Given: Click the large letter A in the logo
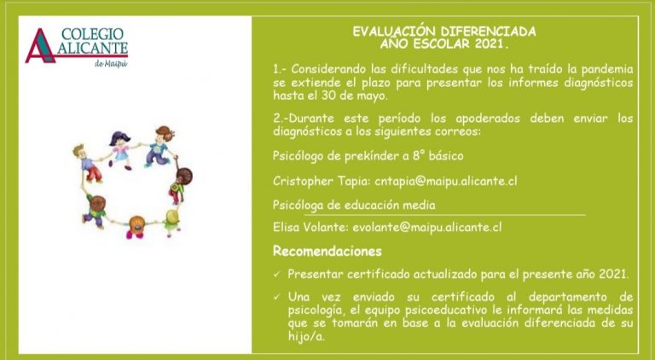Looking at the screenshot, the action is click(41, 46).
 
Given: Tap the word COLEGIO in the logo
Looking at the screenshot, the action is click(92, 34).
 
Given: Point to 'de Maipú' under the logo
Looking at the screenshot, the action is click(111, 63).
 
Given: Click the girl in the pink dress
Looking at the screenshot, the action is click(120, 149).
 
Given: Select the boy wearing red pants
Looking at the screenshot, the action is click(89, 163).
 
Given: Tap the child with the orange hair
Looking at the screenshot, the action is click(136, 227).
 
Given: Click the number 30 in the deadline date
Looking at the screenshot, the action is click(328, 96).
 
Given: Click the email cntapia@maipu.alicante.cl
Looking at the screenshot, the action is click(446, 181).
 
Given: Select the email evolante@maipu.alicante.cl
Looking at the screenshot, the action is click(427, 227).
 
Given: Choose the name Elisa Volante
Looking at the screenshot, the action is click(310, 227).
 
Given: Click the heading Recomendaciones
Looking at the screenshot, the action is click(327, 251).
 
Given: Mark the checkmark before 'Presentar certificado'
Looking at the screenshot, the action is click(277, 276).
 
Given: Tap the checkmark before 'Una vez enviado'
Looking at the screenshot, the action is click(277, 298).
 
